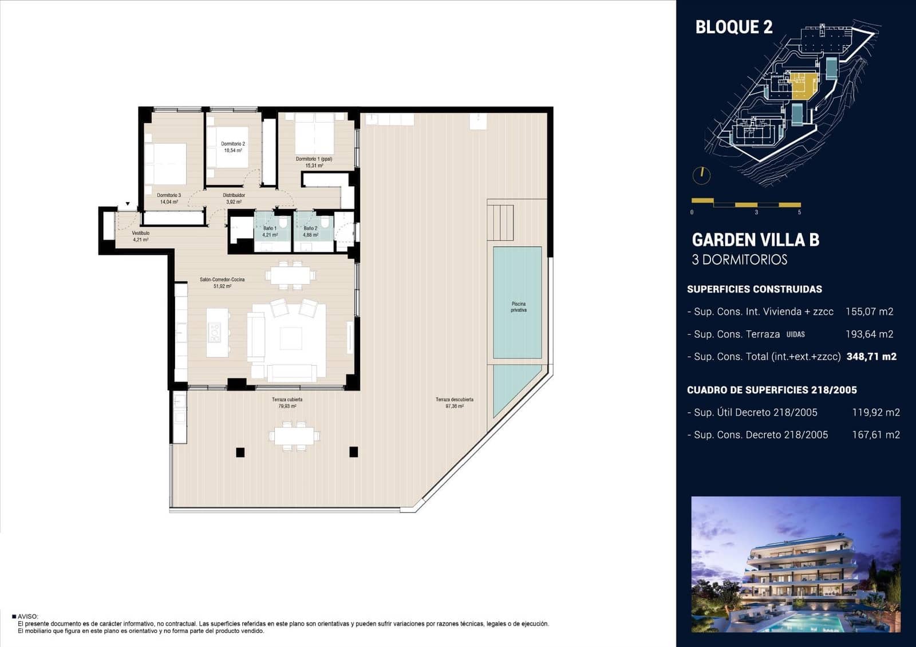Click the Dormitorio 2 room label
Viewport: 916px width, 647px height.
pyautogui.click(x=233, y=147)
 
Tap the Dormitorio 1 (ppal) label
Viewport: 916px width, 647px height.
pyautogui.click(x=314, y=162)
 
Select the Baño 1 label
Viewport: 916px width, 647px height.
pyautogui.click(x=270, y=231)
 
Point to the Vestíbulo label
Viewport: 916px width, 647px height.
pyautogui.click(x=140, y=236)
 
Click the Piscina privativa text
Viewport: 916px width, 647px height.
pyautogui.click(x=518, y=307)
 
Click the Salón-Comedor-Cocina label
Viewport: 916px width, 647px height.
pyautogui.click(x=222, y=282)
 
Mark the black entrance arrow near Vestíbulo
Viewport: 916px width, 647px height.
pyautogui.click(x=128, y=204)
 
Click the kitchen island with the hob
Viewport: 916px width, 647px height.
pyautogui.click(x=217, y=333)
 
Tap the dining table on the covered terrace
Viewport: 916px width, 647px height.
pyautogui.click(x=294, y=435)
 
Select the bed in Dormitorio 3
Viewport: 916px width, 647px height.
pyautogui.click(x=165, y=163)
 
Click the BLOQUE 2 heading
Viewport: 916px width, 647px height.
pyautogui.click(x=733, y=27)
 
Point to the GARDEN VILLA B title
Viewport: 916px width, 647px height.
pyautogui.click(x=755, y=240)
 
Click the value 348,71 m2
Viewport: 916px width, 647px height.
pyautogui.click(x=871, y=356)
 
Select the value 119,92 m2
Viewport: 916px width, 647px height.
pyautogui.click(x=875, y=412)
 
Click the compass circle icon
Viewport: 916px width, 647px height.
pyautogui.click(x=701, y=175)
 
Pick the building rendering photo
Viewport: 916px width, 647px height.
pyautogui.click(x=796, y=564)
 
